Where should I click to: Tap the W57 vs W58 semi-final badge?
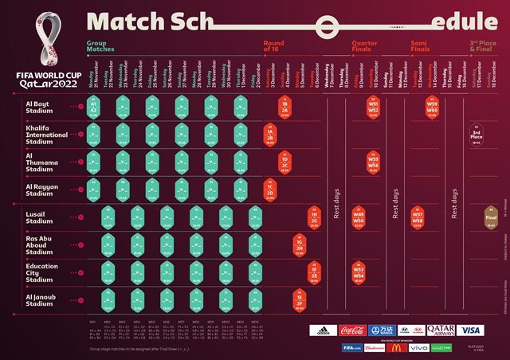[418, 217]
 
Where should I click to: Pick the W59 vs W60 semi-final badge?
[432, 108]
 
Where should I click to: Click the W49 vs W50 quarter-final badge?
[359, 217]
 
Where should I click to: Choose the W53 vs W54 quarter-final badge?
[359, 272]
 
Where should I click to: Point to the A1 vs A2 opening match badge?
[93, 108]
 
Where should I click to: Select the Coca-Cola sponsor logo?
[352, 330]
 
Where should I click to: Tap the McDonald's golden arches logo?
[393, 348]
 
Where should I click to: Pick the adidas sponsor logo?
[322, 330]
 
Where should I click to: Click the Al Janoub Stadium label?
[40, 299]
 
